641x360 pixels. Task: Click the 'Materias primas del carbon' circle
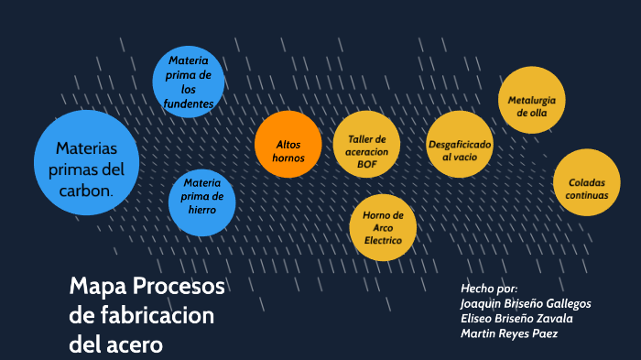[x=86, y=163]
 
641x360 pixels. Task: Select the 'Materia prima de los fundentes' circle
[x=189, y=82]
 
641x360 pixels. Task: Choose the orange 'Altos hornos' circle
[x=288, y=145]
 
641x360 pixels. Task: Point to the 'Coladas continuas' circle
[x=586, y=182]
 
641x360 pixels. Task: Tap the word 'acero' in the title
[x=133, y=345]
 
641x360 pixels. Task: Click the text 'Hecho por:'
[x=489, y=288]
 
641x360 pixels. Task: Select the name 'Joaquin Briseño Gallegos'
[x=526, y=303]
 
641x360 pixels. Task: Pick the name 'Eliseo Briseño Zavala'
[x=516, y=318]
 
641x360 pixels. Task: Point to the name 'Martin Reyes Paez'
[x=509, y=333]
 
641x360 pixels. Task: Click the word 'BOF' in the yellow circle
[x=367, y=164]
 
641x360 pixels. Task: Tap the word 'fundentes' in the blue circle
[x=189, y=104]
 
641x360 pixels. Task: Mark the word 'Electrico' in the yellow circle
[x=383, y=240]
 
